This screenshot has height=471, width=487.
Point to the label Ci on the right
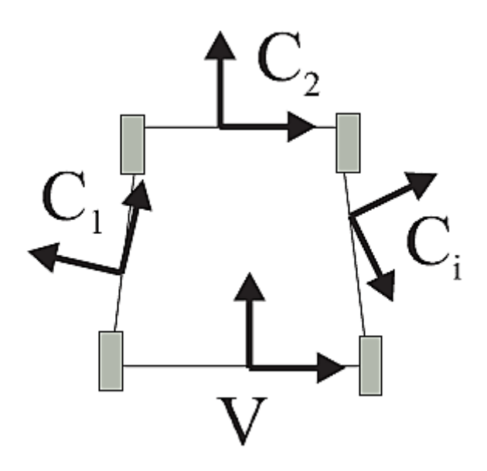coord(429,251)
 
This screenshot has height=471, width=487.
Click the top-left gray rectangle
coord(133,144)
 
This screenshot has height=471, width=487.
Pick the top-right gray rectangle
coord(349,142)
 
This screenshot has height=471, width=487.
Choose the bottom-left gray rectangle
coord(111,360)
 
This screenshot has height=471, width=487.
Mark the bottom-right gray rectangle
coord(371,365)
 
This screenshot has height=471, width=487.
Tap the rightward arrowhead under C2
coord(302,126)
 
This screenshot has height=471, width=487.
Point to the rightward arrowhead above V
coord(332,366)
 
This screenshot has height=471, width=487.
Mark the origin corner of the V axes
coord(249,366)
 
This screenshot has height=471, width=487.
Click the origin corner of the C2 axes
coord(221,126)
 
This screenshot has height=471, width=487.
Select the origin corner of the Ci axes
coord(351,217)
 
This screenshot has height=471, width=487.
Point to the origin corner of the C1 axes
coord(120,272)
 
